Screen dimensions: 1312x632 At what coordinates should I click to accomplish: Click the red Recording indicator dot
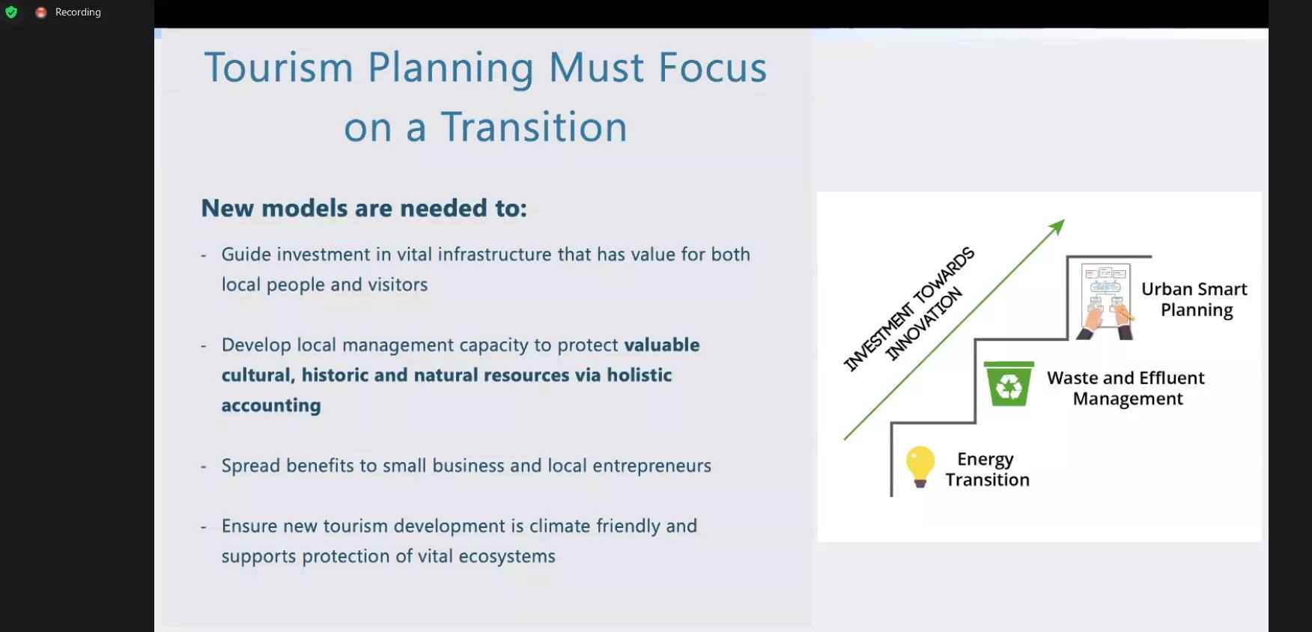pos(41,12)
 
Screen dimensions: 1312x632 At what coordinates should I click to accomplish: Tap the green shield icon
pos(11,12)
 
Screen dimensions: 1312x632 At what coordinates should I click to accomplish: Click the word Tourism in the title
pos(279,67)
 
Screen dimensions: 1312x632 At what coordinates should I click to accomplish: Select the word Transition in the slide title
pos(534,127)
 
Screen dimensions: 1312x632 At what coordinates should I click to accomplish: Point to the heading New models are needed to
pos(364,208)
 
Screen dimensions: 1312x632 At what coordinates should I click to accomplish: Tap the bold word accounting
pos(271,405)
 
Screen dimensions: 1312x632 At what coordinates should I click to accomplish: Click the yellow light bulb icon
pos(920,467)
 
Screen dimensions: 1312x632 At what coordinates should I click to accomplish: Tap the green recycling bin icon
pos(1009,383)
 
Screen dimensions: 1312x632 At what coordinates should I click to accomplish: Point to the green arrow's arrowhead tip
pos(1064,220)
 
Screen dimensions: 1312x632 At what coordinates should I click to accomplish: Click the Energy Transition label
pos(987,470)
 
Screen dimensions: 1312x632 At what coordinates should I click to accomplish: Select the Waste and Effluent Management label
pos(1126,388)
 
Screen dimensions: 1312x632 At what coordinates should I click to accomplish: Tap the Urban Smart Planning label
pos(1194,300)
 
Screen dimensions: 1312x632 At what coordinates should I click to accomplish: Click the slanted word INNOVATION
pos(923,325)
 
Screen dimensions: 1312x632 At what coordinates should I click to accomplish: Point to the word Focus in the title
pos(713,67)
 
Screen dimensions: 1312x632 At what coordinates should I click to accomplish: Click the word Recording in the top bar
pos(78,12)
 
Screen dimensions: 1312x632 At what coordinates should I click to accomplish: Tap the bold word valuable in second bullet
pos(662,345)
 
